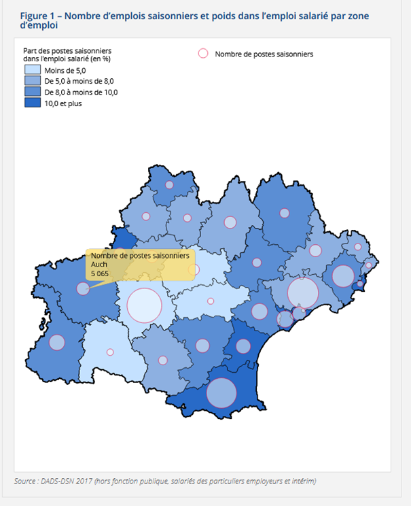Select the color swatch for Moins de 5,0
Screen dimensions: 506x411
[x=32, y=70]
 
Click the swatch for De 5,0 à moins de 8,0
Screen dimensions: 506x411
[x=32, y=81]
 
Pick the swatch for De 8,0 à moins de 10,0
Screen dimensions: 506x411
[x=32, y=92]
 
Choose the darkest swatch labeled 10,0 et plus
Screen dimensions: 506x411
[x=32, y=103]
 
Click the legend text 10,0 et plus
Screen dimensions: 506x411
[x=63, y=103]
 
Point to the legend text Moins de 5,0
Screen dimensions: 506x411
[x=65, y=70]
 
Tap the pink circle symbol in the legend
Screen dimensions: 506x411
[x=202, y=54]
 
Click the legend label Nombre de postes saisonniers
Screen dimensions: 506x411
[x=264, y=54]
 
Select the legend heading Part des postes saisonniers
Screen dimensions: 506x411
[x=67, y=51]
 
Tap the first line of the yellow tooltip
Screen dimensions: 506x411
[x=140, y=255]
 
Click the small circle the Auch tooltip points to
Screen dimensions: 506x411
[x=82, y=288]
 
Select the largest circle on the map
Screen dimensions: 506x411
[x=145, y=305]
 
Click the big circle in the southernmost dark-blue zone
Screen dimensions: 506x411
[x=221, y=392]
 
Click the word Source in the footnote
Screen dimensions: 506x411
[x=26, y=481]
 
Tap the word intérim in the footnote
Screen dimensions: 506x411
[x=301, y=481]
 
